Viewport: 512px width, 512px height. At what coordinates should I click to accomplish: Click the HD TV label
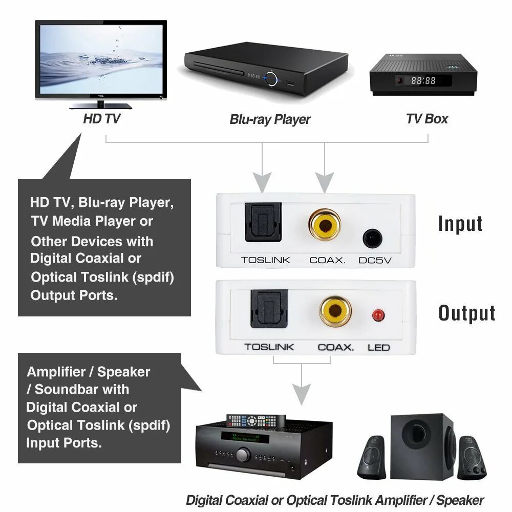point(102,119)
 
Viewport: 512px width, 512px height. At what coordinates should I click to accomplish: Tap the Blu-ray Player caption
point(270,120)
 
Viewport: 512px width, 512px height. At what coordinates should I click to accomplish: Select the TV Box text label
point(427,119)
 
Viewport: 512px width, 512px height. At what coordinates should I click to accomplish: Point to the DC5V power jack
point(373,239)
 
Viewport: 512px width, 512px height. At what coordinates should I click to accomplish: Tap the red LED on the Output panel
point(378,315)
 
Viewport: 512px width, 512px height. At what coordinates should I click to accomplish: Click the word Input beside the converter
point(460,224)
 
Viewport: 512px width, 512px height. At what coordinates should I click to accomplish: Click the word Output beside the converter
point(466,313)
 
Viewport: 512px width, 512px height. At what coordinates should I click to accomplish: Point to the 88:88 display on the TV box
point(423,80)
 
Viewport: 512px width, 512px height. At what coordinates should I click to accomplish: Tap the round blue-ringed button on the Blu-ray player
point(271,78)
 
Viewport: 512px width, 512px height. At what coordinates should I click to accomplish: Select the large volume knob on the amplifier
point(243,455)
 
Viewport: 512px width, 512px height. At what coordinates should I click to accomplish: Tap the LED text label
point(378,348)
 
